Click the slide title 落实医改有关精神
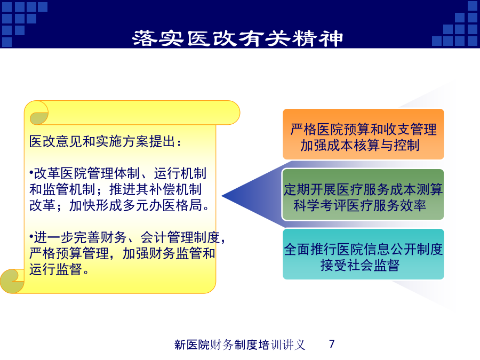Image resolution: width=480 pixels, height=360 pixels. click(237, 38)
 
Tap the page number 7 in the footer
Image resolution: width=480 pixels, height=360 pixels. click(332, 344)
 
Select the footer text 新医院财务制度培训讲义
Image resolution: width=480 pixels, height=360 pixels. click(239, 345)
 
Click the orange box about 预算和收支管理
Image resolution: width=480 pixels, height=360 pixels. click(363, 134)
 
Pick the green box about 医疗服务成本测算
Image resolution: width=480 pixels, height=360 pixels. click(363, 194)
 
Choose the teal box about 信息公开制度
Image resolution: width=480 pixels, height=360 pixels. click(363, 254)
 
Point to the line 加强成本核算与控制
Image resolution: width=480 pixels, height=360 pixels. click(360, 145)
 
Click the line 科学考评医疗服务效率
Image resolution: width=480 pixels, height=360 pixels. click(360, 205)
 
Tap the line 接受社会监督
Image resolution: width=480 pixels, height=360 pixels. click(360, 265)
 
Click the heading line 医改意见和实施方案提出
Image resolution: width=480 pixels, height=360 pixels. click(105, 141)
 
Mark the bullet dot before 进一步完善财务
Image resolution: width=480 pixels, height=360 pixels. click(31, 236)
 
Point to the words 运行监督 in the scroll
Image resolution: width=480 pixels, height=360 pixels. click(55, 269)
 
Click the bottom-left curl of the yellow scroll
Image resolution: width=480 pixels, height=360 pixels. click(12, 281)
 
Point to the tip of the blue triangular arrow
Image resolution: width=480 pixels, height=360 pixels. click(222, 196)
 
